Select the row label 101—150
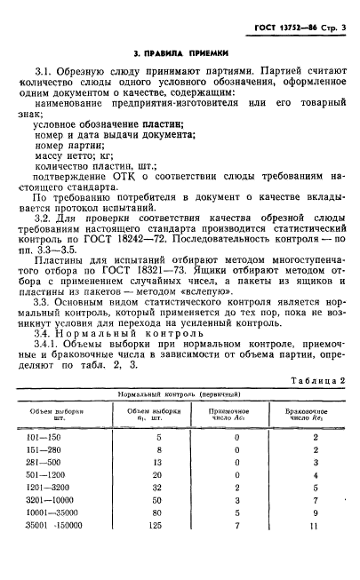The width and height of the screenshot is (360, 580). coord(68,439)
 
